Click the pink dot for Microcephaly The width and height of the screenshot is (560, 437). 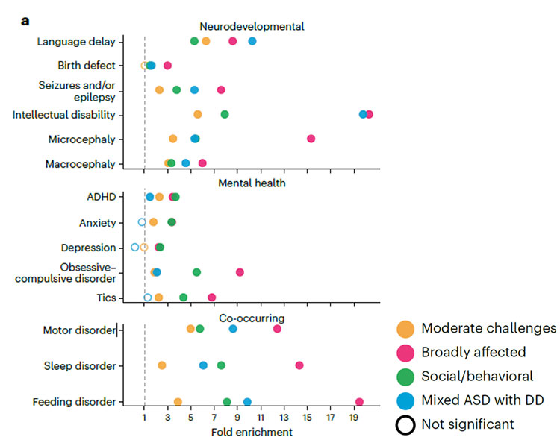click(311, 139)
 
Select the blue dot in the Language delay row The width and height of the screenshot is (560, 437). click(252, 41)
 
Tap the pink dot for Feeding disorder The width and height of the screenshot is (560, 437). click(359, 402)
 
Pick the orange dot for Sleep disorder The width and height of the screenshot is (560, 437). click(162, 365)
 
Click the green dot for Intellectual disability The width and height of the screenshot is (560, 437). click(225, 114)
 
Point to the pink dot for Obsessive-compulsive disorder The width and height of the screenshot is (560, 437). click(240, 272)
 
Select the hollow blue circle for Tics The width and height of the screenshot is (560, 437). click(148, 298)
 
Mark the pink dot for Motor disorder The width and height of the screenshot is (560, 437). click(278, 329)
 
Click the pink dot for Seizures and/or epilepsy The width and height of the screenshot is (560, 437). click(221, 89)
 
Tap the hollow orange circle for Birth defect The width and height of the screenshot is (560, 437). click(145, 66)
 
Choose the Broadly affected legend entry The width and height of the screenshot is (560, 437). click(473, 352)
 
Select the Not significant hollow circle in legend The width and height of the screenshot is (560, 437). click(405, 424)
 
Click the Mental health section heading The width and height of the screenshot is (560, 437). click(252, 181)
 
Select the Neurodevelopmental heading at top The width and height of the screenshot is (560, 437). click(252, 25)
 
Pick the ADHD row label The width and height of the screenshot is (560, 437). click(100, 197)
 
